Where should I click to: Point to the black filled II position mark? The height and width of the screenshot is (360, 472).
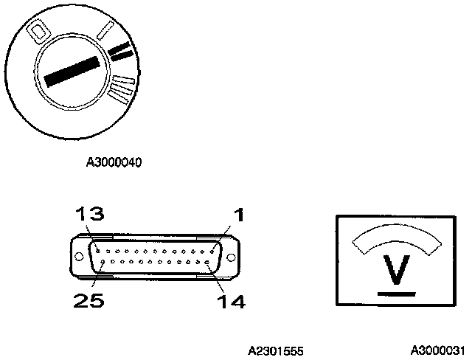click(x=120, y=51)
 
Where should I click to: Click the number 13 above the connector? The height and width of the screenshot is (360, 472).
click(x=89, y=215)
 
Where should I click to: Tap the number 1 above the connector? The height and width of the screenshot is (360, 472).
click(x=239, y=215)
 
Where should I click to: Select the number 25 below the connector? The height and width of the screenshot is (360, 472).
click(x=86, y=300)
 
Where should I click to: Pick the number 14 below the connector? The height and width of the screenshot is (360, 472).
click(x=231, y=300)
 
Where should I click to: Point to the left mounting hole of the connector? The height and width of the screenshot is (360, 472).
click(x=77, y=257)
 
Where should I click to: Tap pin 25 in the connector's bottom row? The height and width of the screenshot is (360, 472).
click(x=104, y=262)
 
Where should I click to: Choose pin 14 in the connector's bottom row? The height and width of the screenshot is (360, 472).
click(x=210, y=262)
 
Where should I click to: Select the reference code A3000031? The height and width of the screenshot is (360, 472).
click(x=438, y=350)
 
